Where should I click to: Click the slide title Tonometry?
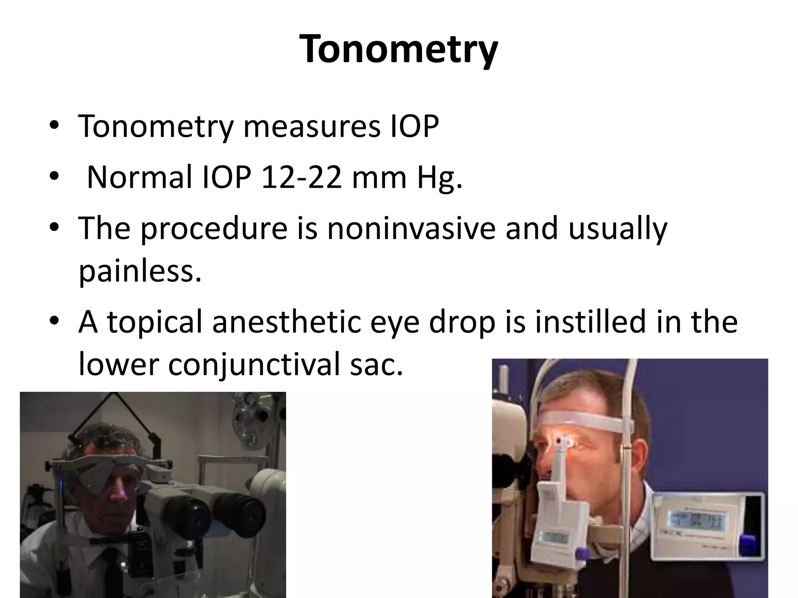(x=399, y=50)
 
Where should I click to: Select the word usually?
(x=618, y=229)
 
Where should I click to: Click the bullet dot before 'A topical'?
(x=54, y=321)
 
